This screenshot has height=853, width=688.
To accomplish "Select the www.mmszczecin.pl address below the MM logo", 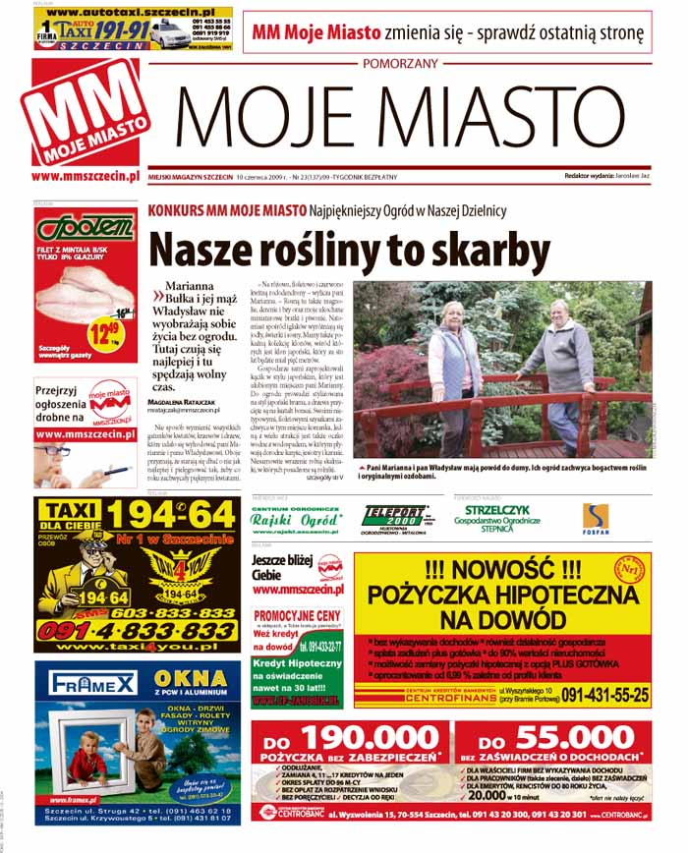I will [83, 177].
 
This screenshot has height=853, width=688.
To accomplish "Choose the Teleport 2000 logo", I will [393, 515].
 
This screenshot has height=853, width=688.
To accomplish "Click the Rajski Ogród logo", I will [295, 519].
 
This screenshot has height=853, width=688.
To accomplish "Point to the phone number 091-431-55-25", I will [604, 695].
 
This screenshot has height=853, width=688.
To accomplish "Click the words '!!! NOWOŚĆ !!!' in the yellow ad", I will [499, 569].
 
